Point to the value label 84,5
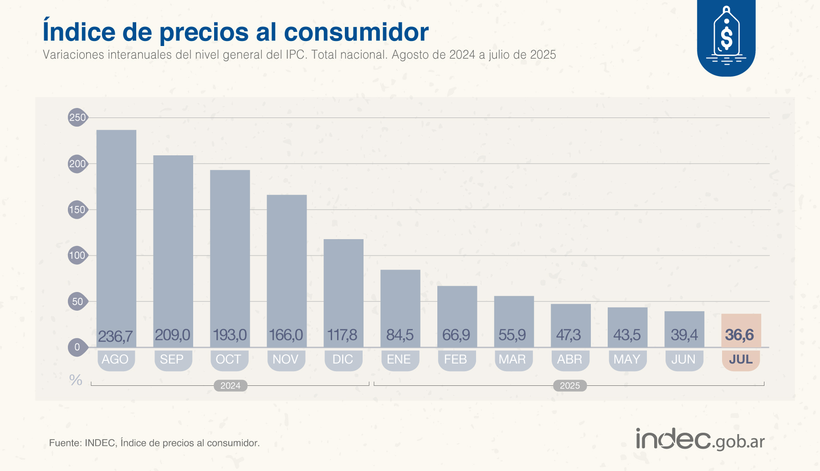point(400,335)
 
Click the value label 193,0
point(230,335)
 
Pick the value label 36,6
point(739,335)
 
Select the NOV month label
point(286,359)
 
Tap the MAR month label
point(512,359)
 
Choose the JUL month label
point(741,359)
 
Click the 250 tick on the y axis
point(77,118)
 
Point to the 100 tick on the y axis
point(77,256)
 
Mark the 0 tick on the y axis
point(77,347)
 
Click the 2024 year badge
point(231,386)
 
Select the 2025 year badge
point(570,386)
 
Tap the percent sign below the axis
point(76,380)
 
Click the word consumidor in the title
point(356,32)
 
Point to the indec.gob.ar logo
point(700,440)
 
